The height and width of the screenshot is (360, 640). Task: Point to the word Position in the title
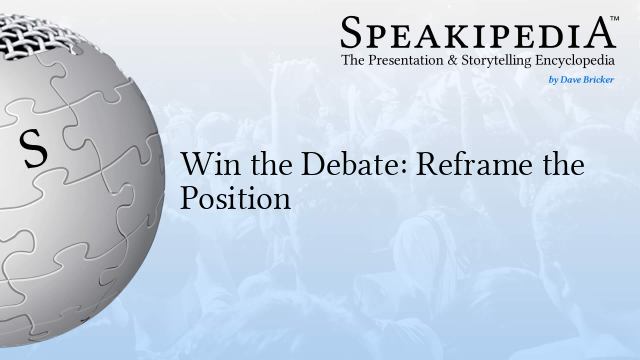point(235,197)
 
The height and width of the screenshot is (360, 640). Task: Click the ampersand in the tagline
point(465,62)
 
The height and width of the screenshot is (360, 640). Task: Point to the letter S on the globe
point(34,150)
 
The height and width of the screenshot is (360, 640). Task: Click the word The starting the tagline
point(355,62)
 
